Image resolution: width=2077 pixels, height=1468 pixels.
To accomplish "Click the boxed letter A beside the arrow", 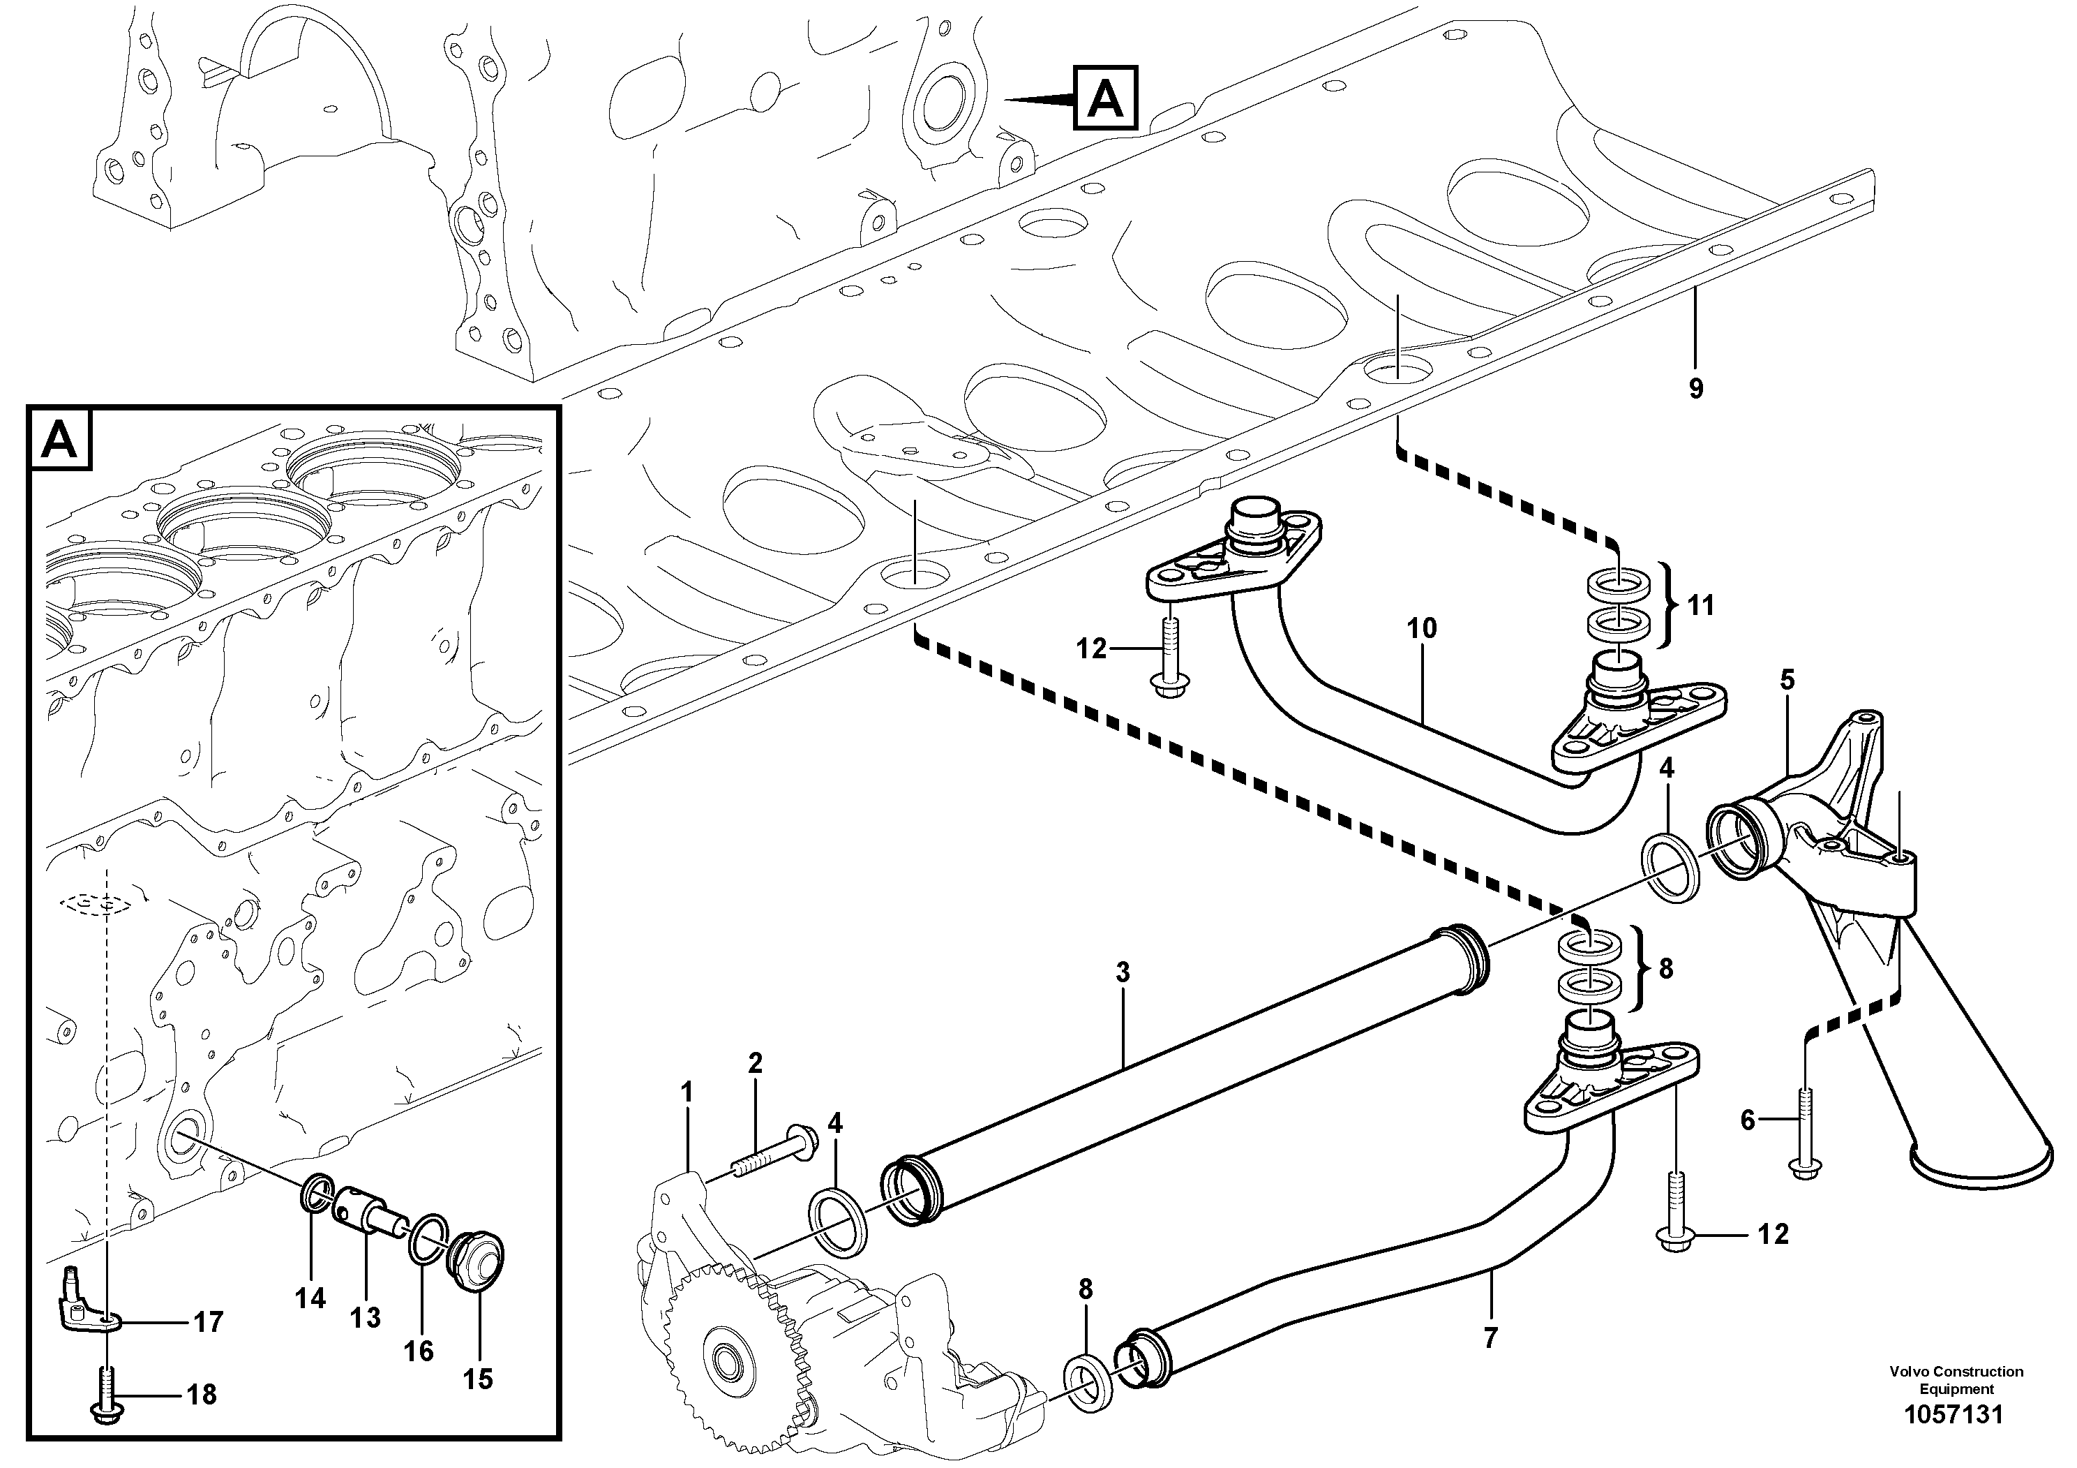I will click(1105, 98).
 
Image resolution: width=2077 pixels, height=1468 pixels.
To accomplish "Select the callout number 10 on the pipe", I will click(1421, 628).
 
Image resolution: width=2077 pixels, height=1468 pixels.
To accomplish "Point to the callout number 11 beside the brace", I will click(1701, 605).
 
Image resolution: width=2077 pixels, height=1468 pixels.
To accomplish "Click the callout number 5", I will click(1787, 680).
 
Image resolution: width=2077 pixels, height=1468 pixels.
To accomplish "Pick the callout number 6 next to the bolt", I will click(1747, 1120).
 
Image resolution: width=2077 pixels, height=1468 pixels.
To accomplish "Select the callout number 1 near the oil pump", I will click(687, 1092).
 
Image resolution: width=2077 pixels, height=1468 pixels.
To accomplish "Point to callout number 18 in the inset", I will click(201, 1395).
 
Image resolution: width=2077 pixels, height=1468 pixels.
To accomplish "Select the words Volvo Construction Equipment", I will click(1956, 1380).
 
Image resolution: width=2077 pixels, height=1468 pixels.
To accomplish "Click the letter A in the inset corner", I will click(61, 440).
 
